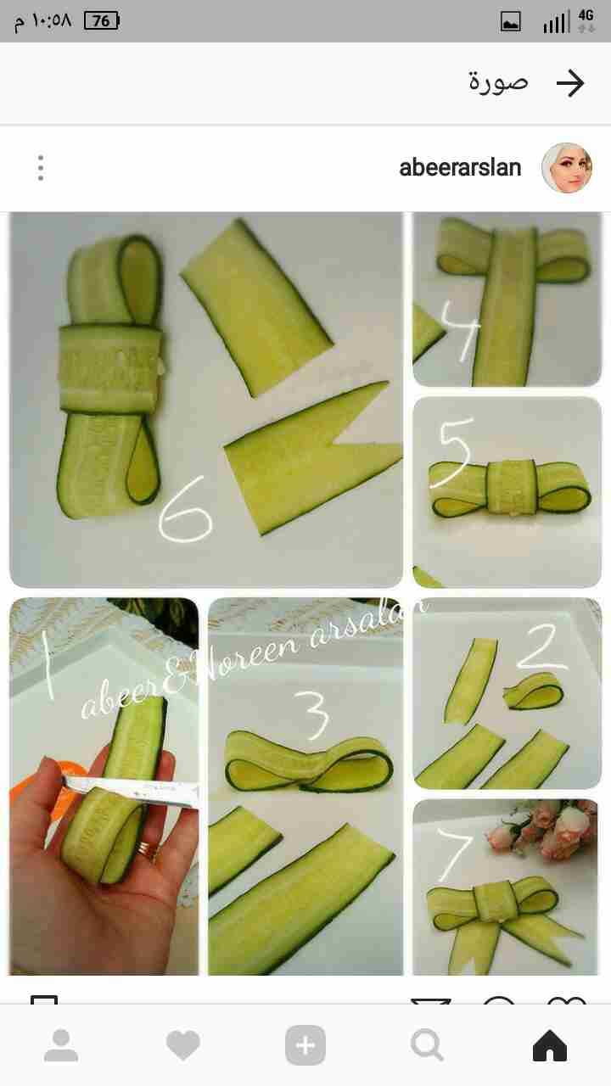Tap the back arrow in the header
pyautogui.click(x=570, y=83)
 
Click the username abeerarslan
pyautogui.click(x=460, y=168)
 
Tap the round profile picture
pyautogui.click(x=567, y=168)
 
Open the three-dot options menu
pyautogui.click(x=41, y=168)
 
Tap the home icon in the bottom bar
pyautogui.click(x=549, y=1045)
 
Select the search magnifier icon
pyautogui.click(x=427, y=1045)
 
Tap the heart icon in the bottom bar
pyautogui.click(x=182, y=1045)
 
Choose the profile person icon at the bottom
pyautogui.click(x=61, y=1045)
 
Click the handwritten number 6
pyautogui.click(x=186, y=508)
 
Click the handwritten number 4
pyautogui.click(x=461, y=331)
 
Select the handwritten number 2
pyautogui.click(x=542, y=647)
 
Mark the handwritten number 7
pyautogui.click(x=455, y=854)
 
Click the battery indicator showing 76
pyautogui.click(x=102, y=21)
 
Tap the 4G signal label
pyautogui.click(x=586, y=15)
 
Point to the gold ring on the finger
pyautogui.click(x=145, y=849)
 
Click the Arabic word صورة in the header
pyautogui.click(x=497, y=82)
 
